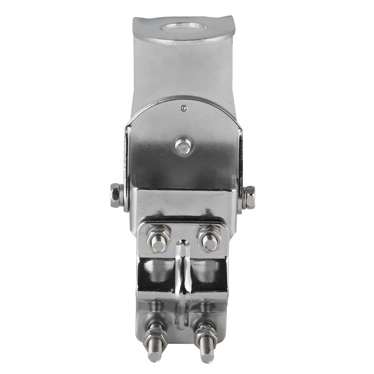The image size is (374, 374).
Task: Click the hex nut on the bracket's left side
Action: (x=117, y=195)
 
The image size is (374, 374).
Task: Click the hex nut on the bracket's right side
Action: (x=249, y=197)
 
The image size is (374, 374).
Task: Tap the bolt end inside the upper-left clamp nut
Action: (x=159, y=244)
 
